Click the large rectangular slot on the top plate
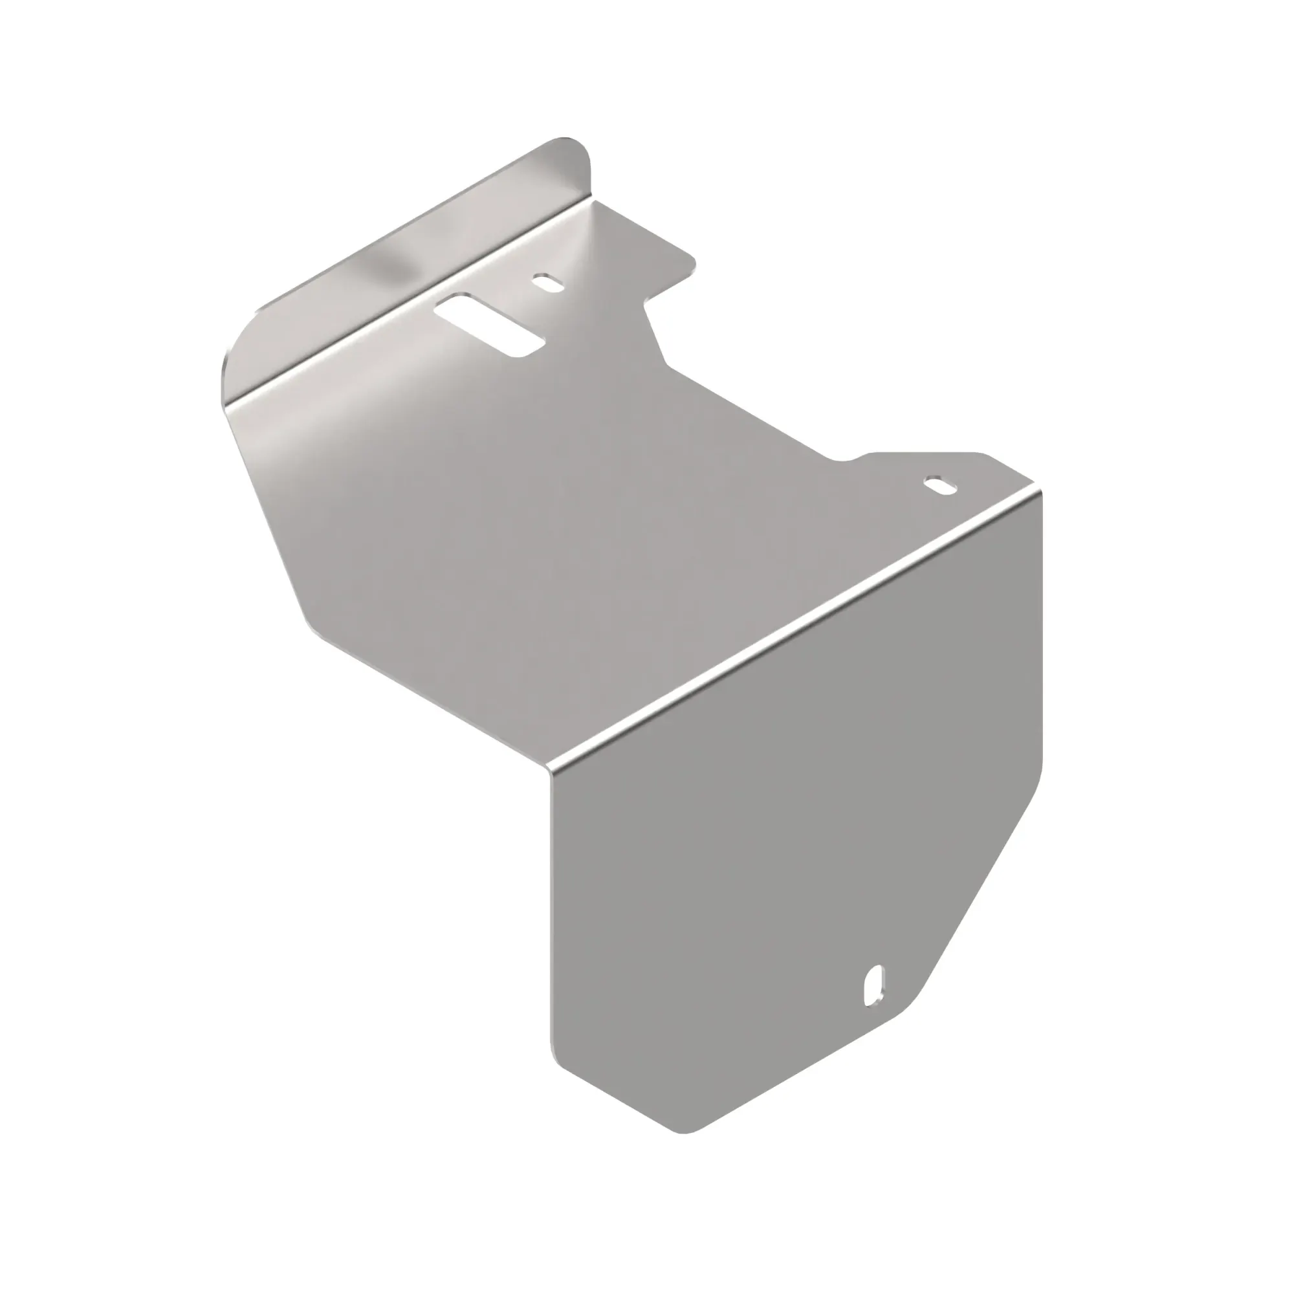click(490, 325)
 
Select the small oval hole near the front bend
click(941, 485)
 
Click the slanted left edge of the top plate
click(268, 509)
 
